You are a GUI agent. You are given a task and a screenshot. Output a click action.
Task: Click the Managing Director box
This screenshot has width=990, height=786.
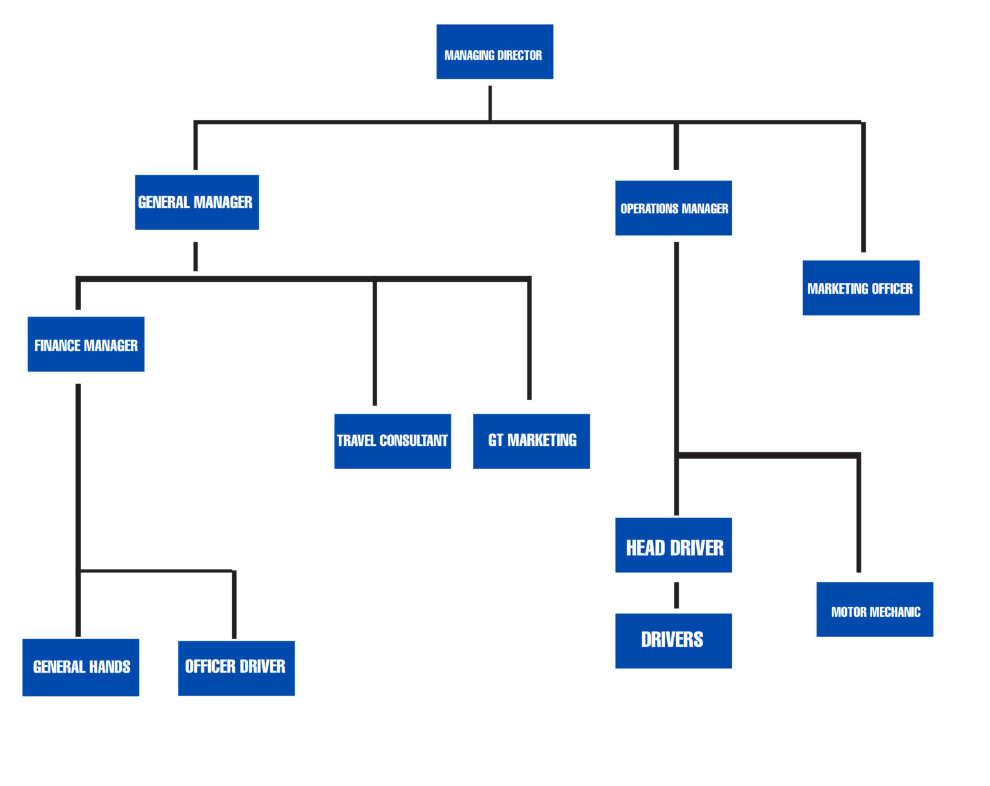point(494,52)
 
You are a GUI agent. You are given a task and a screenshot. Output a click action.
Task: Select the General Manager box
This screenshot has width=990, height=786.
point(197,202)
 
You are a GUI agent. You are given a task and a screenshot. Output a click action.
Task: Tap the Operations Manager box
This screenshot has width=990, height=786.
point(674,208)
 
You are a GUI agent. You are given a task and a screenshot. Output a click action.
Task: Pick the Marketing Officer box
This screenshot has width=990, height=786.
point(860,288)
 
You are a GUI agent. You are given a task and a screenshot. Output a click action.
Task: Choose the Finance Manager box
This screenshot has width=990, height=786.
point(86,344)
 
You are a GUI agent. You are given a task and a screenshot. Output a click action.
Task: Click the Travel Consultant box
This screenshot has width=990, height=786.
point(393,441)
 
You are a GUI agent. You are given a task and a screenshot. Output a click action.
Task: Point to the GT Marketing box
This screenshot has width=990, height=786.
point(531,441)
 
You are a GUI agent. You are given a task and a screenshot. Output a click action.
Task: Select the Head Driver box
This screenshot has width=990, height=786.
point(674,545)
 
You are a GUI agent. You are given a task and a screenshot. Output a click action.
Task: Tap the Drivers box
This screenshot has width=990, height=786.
point(674,640)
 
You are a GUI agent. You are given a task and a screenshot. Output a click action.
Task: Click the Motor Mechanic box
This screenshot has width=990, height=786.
point(875,609)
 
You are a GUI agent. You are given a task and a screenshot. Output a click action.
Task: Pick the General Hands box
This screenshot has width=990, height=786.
point(81,667)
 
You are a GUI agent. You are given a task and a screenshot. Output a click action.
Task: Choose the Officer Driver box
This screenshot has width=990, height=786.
point(236,668)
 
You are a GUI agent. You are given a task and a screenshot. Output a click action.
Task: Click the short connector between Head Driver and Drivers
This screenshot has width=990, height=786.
point(676,595)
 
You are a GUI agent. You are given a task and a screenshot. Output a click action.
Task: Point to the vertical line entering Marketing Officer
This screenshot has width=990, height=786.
point(863,187)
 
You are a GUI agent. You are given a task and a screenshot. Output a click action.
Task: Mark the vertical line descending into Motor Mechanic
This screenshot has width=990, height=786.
point(859,515)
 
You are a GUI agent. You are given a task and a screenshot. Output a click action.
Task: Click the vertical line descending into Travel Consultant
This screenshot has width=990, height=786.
point(374,341)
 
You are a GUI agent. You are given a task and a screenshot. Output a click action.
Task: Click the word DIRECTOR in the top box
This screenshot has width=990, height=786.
point(519,55)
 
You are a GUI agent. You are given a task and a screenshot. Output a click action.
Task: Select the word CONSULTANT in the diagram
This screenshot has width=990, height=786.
point(414,441)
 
